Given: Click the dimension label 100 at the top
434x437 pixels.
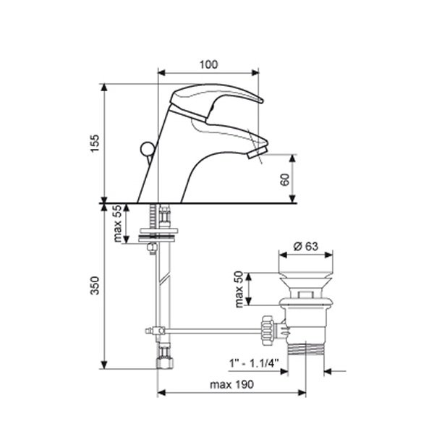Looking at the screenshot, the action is (x=208, y=64).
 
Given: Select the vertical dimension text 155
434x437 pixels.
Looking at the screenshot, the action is (x=95, y=143).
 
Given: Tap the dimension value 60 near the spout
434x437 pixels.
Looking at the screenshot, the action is (x=285, y=179).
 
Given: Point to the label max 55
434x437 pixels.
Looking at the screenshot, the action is (x=118, y=224).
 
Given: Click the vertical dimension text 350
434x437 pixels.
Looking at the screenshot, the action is (x=95, y=285).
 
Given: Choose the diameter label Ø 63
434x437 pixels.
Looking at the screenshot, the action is (x=305, y=247).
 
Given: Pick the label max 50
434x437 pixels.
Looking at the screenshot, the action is (x=239, y=289).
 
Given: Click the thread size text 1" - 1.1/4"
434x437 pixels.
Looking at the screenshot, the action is (x=254, y=363).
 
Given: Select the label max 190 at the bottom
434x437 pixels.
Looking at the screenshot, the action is (x=231, y=385).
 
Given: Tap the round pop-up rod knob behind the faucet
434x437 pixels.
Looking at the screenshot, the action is (x=148, y=149).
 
